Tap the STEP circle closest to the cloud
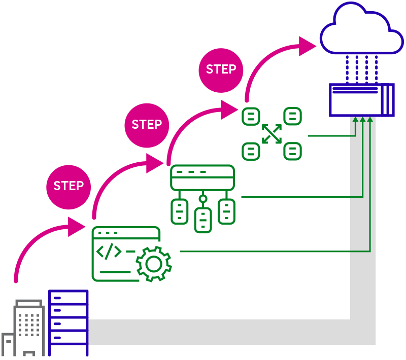[221, 70]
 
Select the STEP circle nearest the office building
[69, 186]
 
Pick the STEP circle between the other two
[147, 125]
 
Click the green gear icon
[154, 264]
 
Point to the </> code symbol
[109, 251]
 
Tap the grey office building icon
[28, 325]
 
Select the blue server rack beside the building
[68, 323]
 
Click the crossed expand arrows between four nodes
[272, 133]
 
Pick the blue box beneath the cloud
[361, 100]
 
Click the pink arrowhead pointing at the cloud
[308, 46]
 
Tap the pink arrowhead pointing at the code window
[77, 227]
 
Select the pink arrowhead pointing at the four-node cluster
[229, 110]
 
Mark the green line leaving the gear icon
[274, 251]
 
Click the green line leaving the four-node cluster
[330, 136]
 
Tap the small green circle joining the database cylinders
[203, 199]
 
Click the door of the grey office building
[29, 353]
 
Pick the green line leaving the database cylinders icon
[299, 196]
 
